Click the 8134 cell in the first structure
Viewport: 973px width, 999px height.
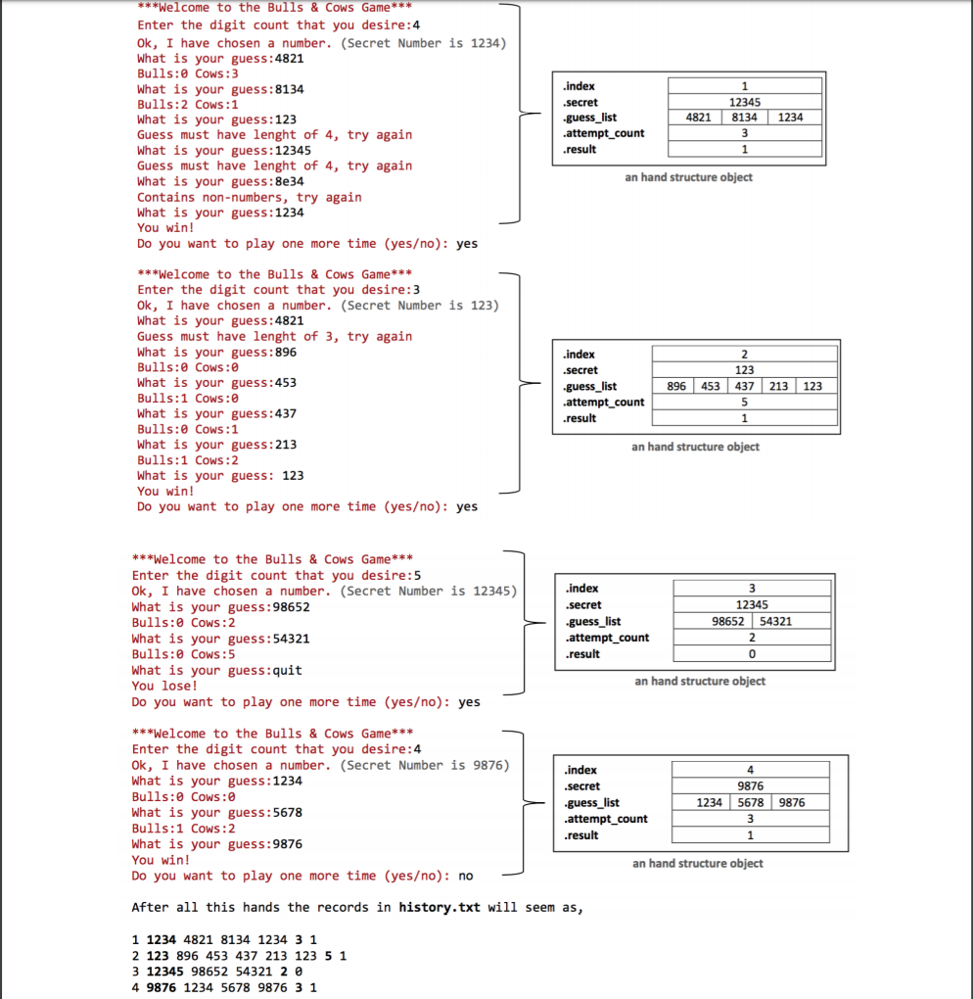[x=745, y=118]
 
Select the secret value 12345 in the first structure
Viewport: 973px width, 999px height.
[x=745, y=102]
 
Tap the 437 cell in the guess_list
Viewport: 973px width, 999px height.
[x=745, y=386]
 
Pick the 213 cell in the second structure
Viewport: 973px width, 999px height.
[x=778, y=386]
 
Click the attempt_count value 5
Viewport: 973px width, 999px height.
[x=745, y=402]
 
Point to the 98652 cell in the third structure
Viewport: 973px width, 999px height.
[x=730, y=621]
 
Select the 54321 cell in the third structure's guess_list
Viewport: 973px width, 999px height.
[x=775, y=621]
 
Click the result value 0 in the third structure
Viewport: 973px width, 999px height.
[x=751, y=653]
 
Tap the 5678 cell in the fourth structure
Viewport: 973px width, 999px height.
[x=751, y=802]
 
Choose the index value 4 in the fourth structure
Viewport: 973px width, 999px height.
[x=751, y=770]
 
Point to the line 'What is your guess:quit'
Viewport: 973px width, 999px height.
[x=216, y=670]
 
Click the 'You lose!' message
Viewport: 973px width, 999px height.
[x=164, y=686]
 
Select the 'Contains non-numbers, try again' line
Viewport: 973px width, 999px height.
[x=249, y=197]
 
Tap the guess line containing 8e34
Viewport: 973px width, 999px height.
[x=220, y=181]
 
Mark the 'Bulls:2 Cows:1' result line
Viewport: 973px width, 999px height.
[x=187, y=104]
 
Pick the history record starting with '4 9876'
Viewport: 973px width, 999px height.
[x=224, y=987]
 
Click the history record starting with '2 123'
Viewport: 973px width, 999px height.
[x=239, y=955]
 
